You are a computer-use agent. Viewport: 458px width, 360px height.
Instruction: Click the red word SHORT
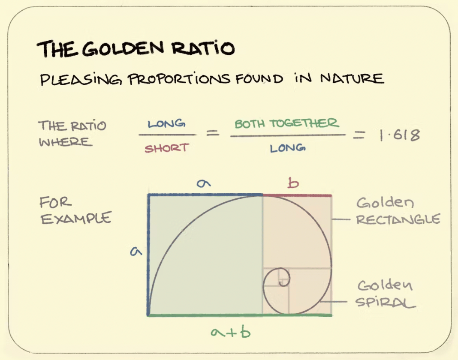click(166, 148)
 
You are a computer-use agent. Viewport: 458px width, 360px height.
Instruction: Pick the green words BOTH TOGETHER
click(286, 124)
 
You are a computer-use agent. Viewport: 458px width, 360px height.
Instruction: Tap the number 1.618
click(399, 135)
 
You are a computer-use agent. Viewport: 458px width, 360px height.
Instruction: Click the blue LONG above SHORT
click(166, 124)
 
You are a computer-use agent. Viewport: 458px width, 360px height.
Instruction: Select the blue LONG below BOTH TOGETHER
click(287, 149)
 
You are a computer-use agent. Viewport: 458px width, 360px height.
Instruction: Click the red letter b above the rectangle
click(293, 184)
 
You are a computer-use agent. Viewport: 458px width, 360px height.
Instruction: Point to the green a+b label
click(230, 332)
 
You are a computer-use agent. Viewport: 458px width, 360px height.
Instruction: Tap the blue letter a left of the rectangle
click(136, 252)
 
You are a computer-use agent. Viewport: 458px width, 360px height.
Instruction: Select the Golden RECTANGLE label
click(398, 211)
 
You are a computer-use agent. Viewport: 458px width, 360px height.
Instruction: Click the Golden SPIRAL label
click(386, 294)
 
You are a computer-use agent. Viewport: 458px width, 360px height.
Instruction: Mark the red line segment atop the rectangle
click(297, 195)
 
